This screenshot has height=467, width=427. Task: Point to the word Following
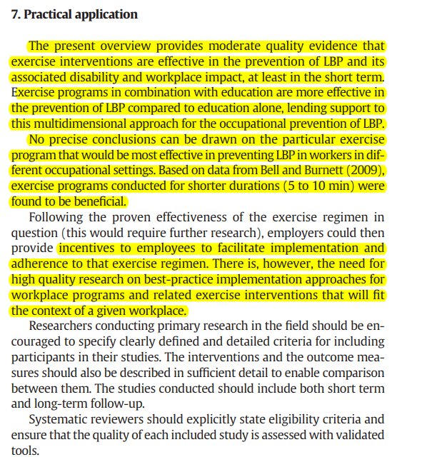point(50,217)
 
